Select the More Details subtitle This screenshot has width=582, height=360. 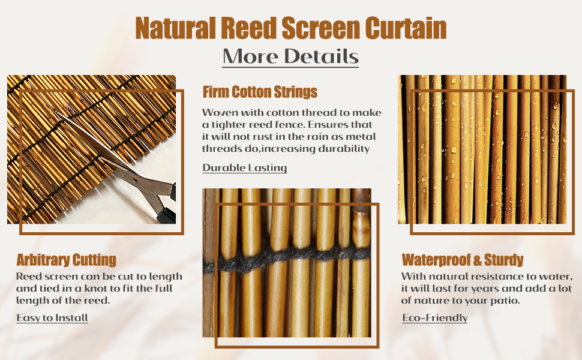tap(290, 56)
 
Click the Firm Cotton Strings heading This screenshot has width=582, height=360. tap(260, 92)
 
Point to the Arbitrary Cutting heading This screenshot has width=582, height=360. tap(66, 260)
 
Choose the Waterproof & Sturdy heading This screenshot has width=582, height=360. tap(462, 260)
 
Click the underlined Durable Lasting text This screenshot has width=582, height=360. tap(244, 168)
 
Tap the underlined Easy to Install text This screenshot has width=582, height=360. tap(52, 318)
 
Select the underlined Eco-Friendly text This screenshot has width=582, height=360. tap(434, 318)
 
